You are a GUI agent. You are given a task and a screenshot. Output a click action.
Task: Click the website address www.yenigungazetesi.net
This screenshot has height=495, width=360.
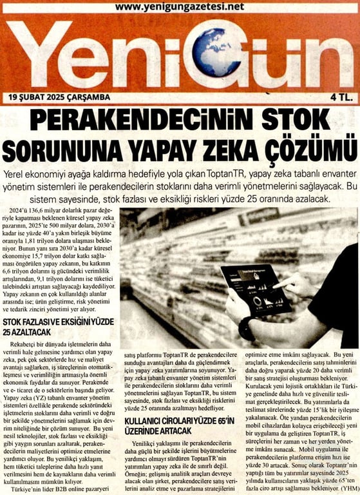click(180, 7)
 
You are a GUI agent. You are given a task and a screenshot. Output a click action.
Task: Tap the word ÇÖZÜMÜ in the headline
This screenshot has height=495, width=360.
click(303, 151)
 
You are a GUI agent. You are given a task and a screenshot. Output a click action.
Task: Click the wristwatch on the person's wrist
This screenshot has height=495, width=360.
click(246, 329)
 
